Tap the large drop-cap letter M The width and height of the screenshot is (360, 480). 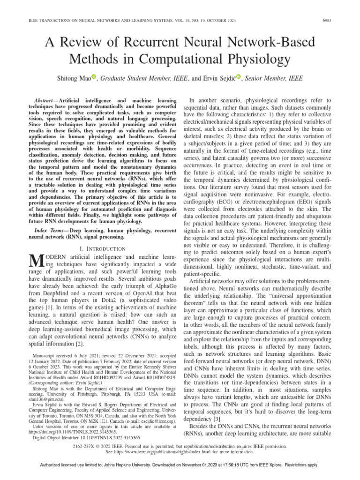pyautogui.click(x=36, y=261)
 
